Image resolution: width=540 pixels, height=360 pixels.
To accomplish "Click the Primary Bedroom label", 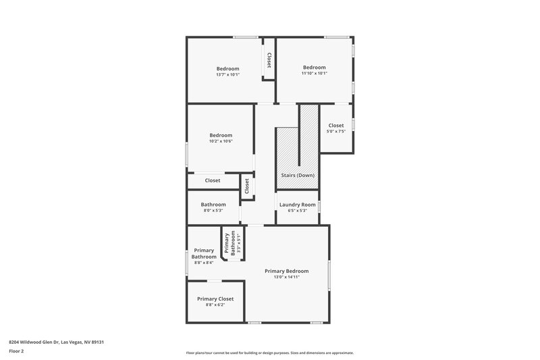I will click(x=286, y=270).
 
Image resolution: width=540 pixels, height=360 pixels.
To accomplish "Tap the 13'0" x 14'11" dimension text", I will click(x=286, y=277).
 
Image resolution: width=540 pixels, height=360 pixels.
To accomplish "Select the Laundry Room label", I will click(x=297, y=204).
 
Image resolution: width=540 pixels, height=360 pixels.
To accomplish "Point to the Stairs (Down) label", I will click(x=297, y=175).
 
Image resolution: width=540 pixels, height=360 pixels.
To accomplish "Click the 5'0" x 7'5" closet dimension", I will click(x=336, y=132).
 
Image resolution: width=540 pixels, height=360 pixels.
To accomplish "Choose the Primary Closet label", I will click(x=215, y=299).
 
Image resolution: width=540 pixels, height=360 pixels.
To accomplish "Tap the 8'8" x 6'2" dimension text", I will click(x=215, y=305).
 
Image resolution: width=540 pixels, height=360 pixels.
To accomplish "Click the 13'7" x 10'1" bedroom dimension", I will click(x=227, y=74).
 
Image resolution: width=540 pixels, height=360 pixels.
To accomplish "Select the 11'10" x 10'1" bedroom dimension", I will click(x=314, y=74).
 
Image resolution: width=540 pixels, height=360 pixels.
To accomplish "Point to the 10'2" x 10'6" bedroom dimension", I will click(x=221, y=141).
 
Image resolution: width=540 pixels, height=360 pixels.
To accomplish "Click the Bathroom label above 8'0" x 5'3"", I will click(x=213, y=204).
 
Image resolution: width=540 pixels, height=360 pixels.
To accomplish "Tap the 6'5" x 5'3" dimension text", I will click(x=297, y=211).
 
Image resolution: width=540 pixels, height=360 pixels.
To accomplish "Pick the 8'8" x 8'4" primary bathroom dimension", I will click(x=204, y=263).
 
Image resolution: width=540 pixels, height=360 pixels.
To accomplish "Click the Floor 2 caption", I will click(x=17, y=351).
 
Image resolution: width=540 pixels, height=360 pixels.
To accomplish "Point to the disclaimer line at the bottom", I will click(x=269, y=353).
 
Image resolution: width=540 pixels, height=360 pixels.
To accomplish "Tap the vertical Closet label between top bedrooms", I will click(x=269, y=60).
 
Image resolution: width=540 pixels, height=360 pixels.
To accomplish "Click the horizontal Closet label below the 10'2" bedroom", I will click(x=213, y=180).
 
